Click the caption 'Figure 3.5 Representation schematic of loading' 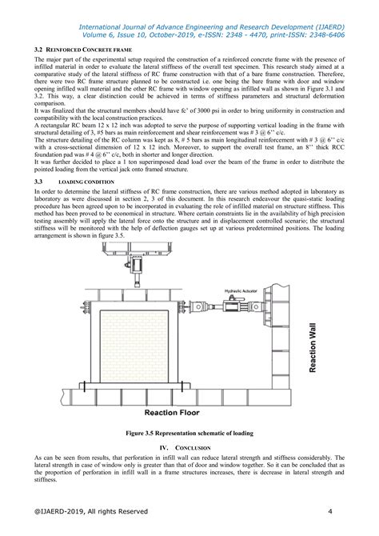click(189, 433)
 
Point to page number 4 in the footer click(329, 511)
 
